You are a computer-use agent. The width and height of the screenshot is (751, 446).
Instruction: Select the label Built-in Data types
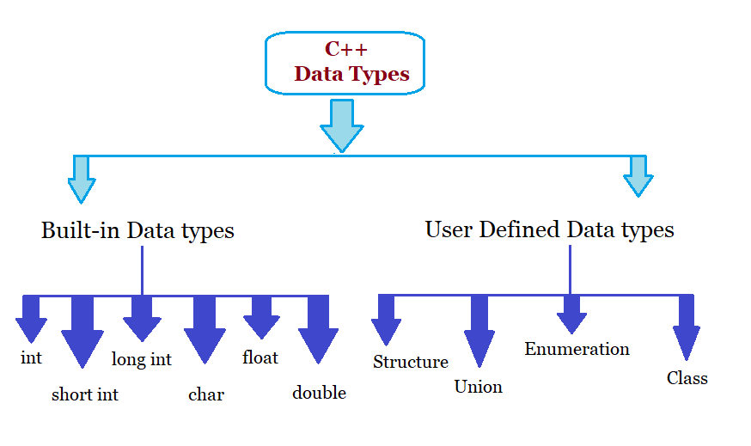tap(137, 230)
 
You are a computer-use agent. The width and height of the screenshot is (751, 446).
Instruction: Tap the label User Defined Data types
tap(549, 229)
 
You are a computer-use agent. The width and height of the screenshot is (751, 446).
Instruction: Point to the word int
tap(31, 357)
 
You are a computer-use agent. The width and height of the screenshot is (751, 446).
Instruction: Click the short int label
tap(85, 394)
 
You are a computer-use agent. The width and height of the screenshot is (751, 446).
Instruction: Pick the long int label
tap(142, 359)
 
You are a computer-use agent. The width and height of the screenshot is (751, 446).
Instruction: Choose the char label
tap(206, 394)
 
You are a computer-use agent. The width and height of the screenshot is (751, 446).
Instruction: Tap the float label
tap(260, 357)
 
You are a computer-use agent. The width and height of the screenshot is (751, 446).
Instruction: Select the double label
tap(319, 393)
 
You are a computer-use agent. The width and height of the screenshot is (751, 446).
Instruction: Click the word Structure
tap(411, 362)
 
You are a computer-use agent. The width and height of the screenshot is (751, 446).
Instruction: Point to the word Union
tap(478, 387)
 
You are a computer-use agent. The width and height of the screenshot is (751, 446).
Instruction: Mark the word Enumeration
tap(577, 349)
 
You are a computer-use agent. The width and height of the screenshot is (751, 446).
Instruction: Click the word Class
tap(687, 378)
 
